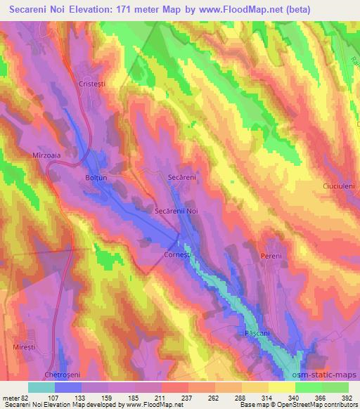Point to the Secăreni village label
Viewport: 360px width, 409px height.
(181, 178)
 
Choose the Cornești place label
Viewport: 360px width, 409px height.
(176, 255)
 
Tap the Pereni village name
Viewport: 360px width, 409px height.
(271, 256)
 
